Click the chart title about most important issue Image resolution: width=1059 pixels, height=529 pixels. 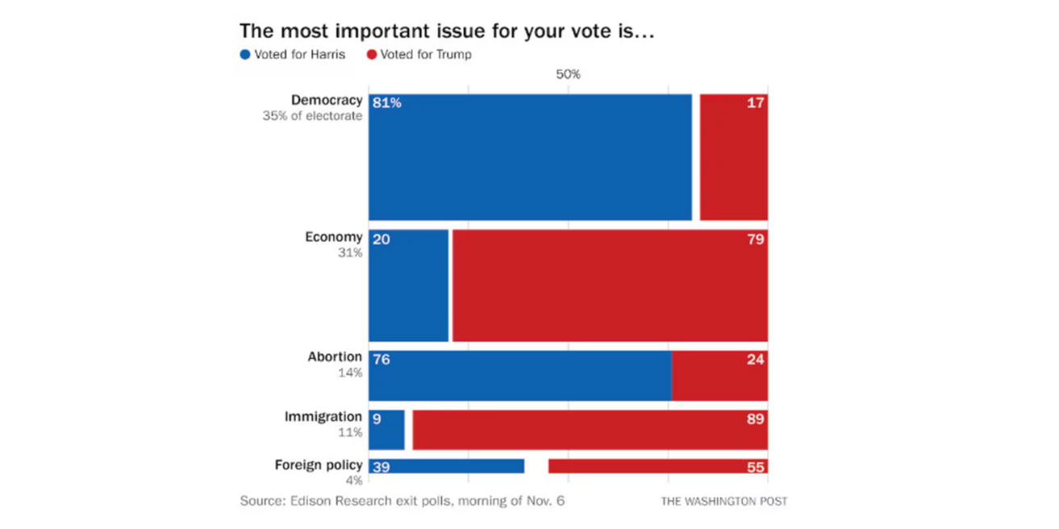(446, 31)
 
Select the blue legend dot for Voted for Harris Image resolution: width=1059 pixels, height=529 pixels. (245, 55)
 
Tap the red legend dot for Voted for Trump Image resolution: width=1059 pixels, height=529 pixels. (372, 55)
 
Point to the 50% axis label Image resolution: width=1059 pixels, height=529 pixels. (568, 74)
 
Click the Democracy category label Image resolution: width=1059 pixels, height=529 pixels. (327, 101)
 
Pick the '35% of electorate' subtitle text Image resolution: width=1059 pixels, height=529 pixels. (312, 116)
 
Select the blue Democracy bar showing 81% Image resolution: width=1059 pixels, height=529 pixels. (530, 157)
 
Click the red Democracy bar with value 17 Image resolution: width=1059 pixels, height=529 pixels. (733, 157)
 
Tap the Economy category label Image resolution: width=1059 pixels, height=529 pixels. (333, 237)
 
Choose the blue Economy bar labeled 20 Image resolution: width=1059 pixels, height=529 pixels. (408, 285)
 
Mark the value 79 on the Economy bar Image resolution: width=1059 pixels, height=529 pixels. (755, 240)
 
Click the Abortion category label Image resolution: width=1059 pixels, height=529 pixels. (335, 357)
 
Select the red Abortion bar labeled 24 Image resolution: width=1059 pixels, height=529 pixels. (719, 376)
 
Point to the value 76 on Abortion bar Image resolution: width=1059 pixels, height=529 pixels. (381, 360)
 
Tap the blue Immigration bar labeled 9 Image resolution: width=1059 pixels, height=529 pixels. (386, 430)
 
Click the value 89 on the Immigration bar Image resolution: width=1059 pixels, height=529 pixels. (755, 419)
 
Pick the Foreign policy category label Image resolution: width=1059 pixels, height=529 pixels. (318, 465)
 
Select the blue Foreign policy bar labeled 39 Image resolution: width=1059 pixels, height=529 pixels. (446, 466)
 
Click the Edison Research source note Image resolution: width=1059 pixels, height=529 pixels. (402, 501)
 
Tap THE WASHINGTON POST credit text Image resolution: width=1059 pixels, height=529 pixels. (723, 502)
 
